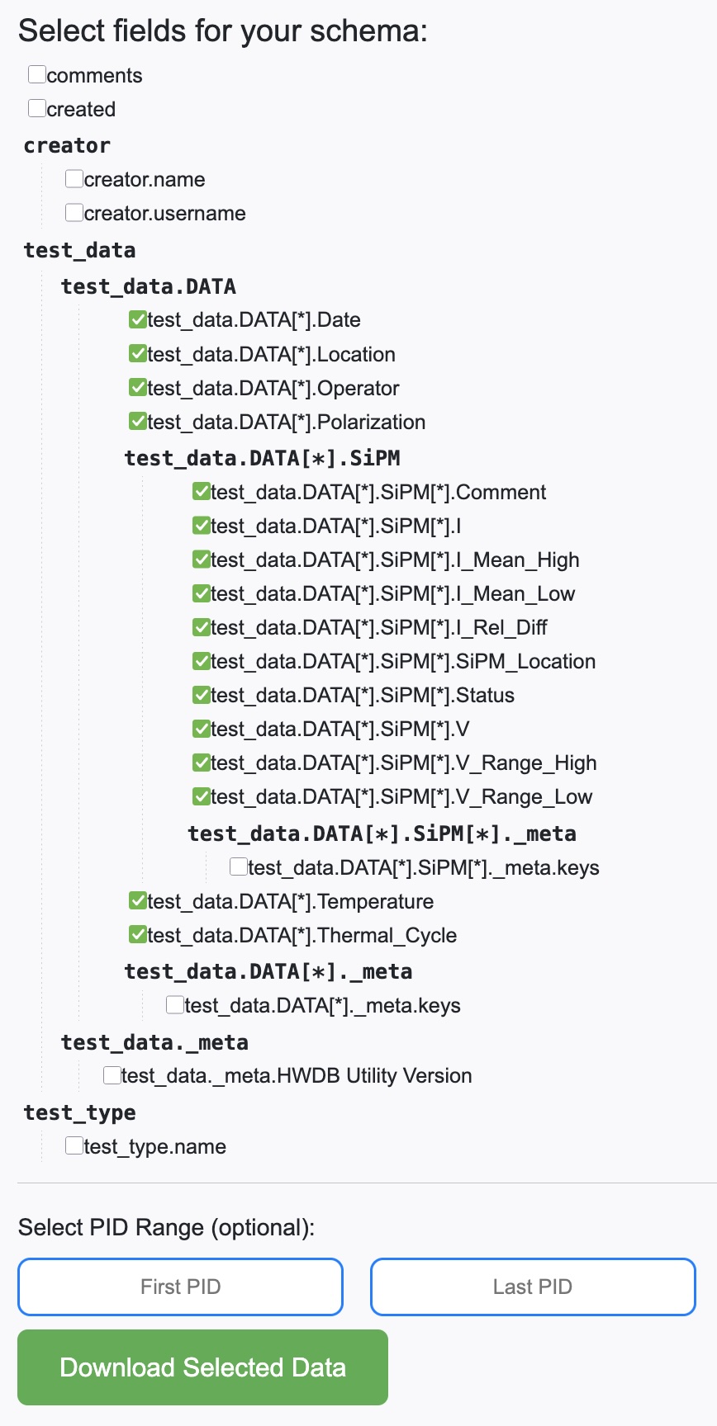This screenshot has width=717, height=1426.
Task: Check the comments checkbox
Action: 37,75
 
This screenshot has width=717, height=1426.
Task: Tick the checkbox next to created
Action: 37,109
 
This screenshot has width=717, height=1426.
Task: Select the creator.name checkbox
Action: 74,179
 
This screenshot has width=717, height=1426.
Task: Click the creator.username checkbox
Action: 74,213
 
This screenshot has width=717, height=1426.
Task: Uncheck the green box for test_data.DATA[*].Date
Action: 138,319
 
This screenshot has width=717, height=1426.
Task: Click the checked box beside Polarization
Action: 138,422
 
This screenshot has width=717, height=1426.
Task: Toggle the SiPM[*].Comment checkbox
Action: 202,492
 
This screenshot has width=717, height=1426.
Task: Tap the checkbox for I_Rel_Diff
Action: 202,627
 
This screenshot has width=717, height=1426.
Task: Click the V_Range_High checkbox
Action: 202,763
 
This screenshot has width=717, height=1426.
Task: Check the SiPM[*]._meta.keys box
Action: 239,866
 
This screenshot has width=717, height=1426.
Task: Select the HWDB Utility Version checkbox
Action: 112,1075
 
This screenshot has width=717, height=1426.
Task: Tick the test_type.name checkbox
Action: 74,1145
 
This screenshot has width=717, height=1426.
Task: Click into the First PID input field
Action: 180,1287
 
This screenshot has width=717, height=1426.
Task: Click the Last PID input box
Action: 533,1287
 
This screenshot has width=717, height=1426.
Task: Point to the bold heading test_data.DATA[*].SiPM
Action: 262,458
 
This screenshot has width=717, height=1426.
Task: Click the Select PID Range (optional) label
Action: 166,1227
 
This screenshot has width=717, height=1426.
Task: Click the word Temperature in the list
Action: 376,901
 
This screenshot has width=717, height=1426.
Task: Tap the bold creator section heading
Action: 67,145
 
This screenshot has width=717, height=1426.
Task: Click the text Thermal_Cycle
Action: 387,935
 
